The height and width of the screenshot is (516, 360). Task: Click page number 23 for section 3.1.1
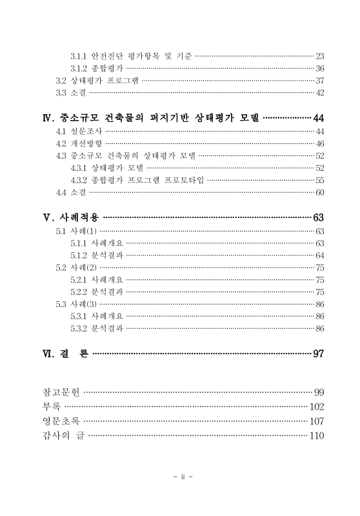point(319,57)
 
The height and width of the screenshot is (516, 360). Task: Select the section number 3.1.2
point(79,69)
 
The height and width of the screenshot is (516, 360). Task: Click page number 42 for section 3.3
point(319,94)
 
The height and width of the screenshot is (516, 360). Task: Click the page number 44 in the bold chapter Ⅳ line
point(318,118)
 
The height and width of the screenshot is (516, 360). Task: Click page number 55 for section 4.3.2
point(319,180)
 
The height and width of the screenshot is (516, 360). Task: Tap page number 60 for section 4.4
point(319,192)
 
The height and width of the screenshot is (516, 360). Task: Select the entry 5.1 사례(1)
point(76,230)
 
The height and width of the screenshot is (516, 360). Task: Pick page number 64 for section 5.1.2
point(319,255)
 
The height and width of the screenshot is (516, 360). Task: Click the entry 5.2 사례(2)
point(76,267)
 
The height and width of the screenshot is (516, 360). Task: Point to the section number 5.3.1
point(79,316)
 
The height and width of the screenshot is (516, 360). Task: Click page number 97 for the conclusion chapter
point(318,353)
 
